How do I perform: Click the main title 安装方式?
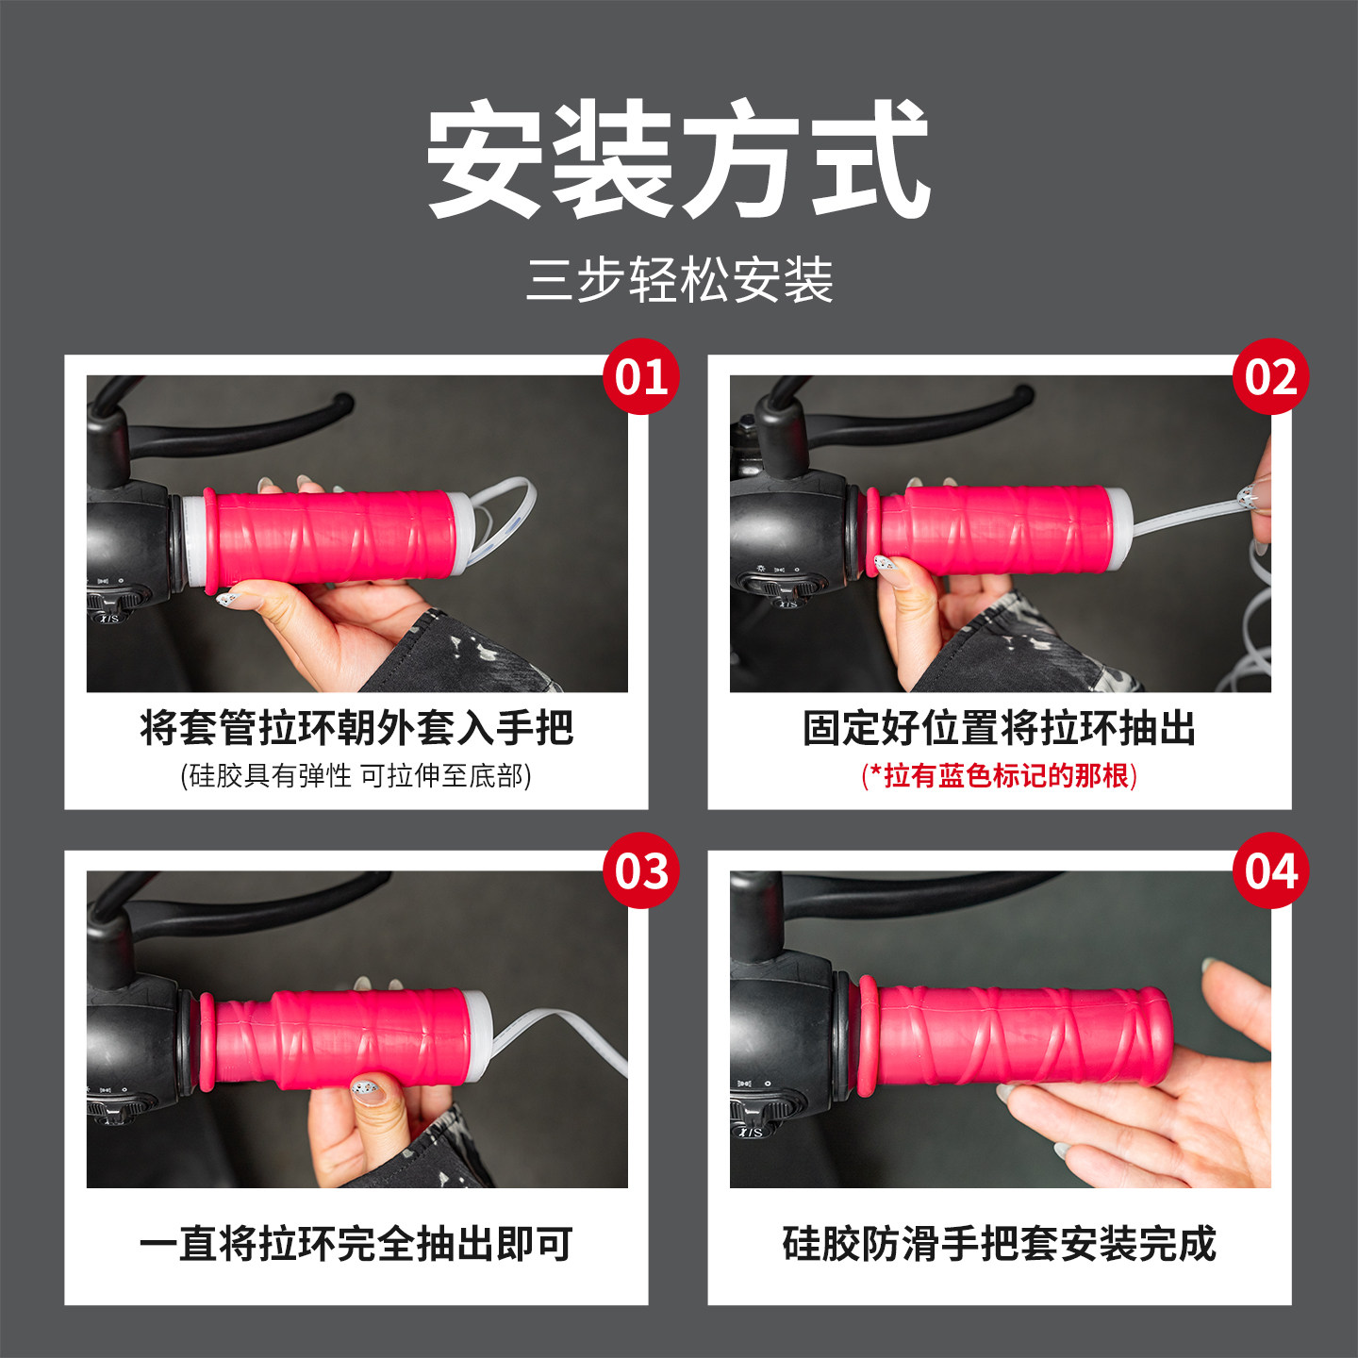(679, 160)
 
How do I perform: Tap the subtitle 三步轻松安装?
(679, 280)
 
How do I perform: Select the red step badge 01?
(641, 377)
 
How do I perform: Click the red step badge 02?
(1270, 377)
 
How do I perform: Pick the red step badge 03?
(641, 870)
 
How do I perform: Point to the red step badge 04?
(1270, 870)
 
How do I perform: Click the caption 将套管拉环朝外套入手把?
(356, 728)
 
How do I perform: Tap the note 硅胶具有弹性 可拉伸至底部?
(356, 776)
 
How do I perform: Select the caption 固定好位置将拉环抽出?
(999, 728)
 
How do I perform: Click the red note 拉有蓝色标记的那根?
(999, 776)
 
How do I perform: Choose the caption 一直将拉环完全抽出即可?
(356, 1244)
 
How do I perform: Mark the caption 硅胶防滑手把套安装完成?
(999, 1244)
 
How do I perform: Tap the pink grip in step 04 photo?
(1018, 1035)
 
